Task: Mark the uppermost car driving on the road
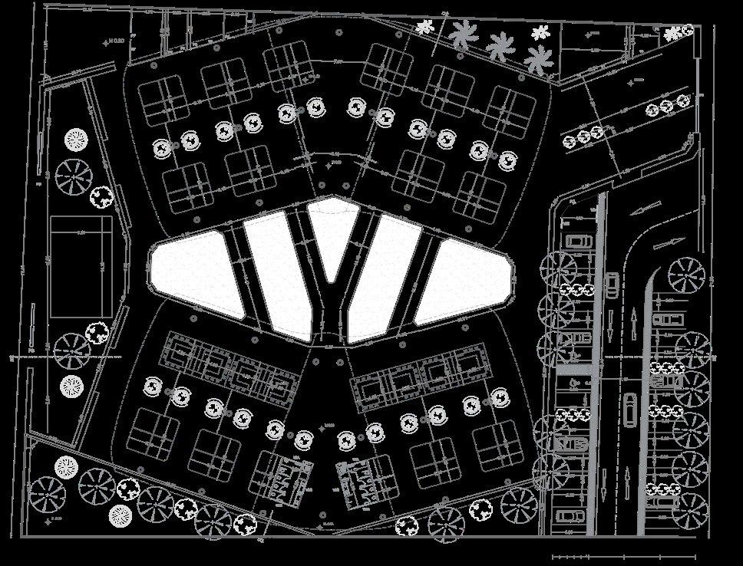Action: [x=613, y=285]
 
